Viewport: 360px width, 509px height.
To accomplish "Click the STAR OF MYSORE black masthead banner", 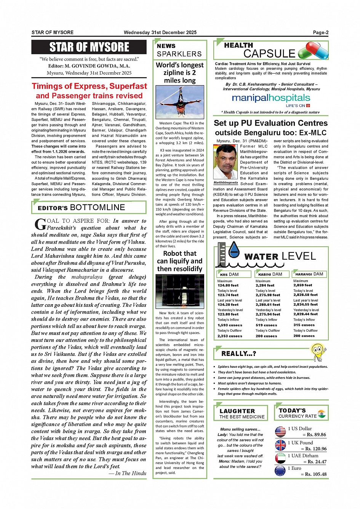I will point(89,47).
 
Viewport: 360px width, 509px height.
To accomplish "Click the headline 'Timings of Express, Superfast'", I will point(89,86).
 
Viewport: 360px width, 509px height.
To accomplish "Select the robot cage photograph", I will point(180,292).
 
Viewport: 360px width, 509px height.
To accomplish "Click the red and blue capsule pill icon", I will point(313,51).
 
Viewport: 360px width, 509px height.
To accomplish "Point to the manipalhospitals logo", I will point(271,99).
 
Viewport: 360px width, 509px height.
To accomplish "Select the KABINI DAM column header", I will point(270,274).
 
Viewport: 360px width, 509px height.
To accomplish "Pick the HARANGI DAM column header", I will point(309,274).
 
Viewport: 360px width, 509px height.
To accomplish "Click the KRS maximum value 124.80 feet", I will point(228,285).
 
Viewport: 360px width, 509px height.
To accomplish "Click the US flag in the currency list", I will point(280,431).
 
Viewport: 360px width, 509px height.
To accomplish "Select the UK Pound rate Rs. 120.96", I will point(314,449).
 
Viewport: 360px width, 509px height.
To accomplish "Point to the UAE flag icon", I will point(280,458).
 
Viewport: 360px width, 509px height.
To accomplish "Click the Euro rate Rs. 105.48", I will point(314,474).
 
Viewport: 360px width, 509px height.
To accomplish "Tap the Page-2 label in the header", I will point(320,33).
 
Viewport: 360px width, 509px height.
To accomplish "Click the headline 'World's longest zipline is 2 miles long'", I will point(180,73).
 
